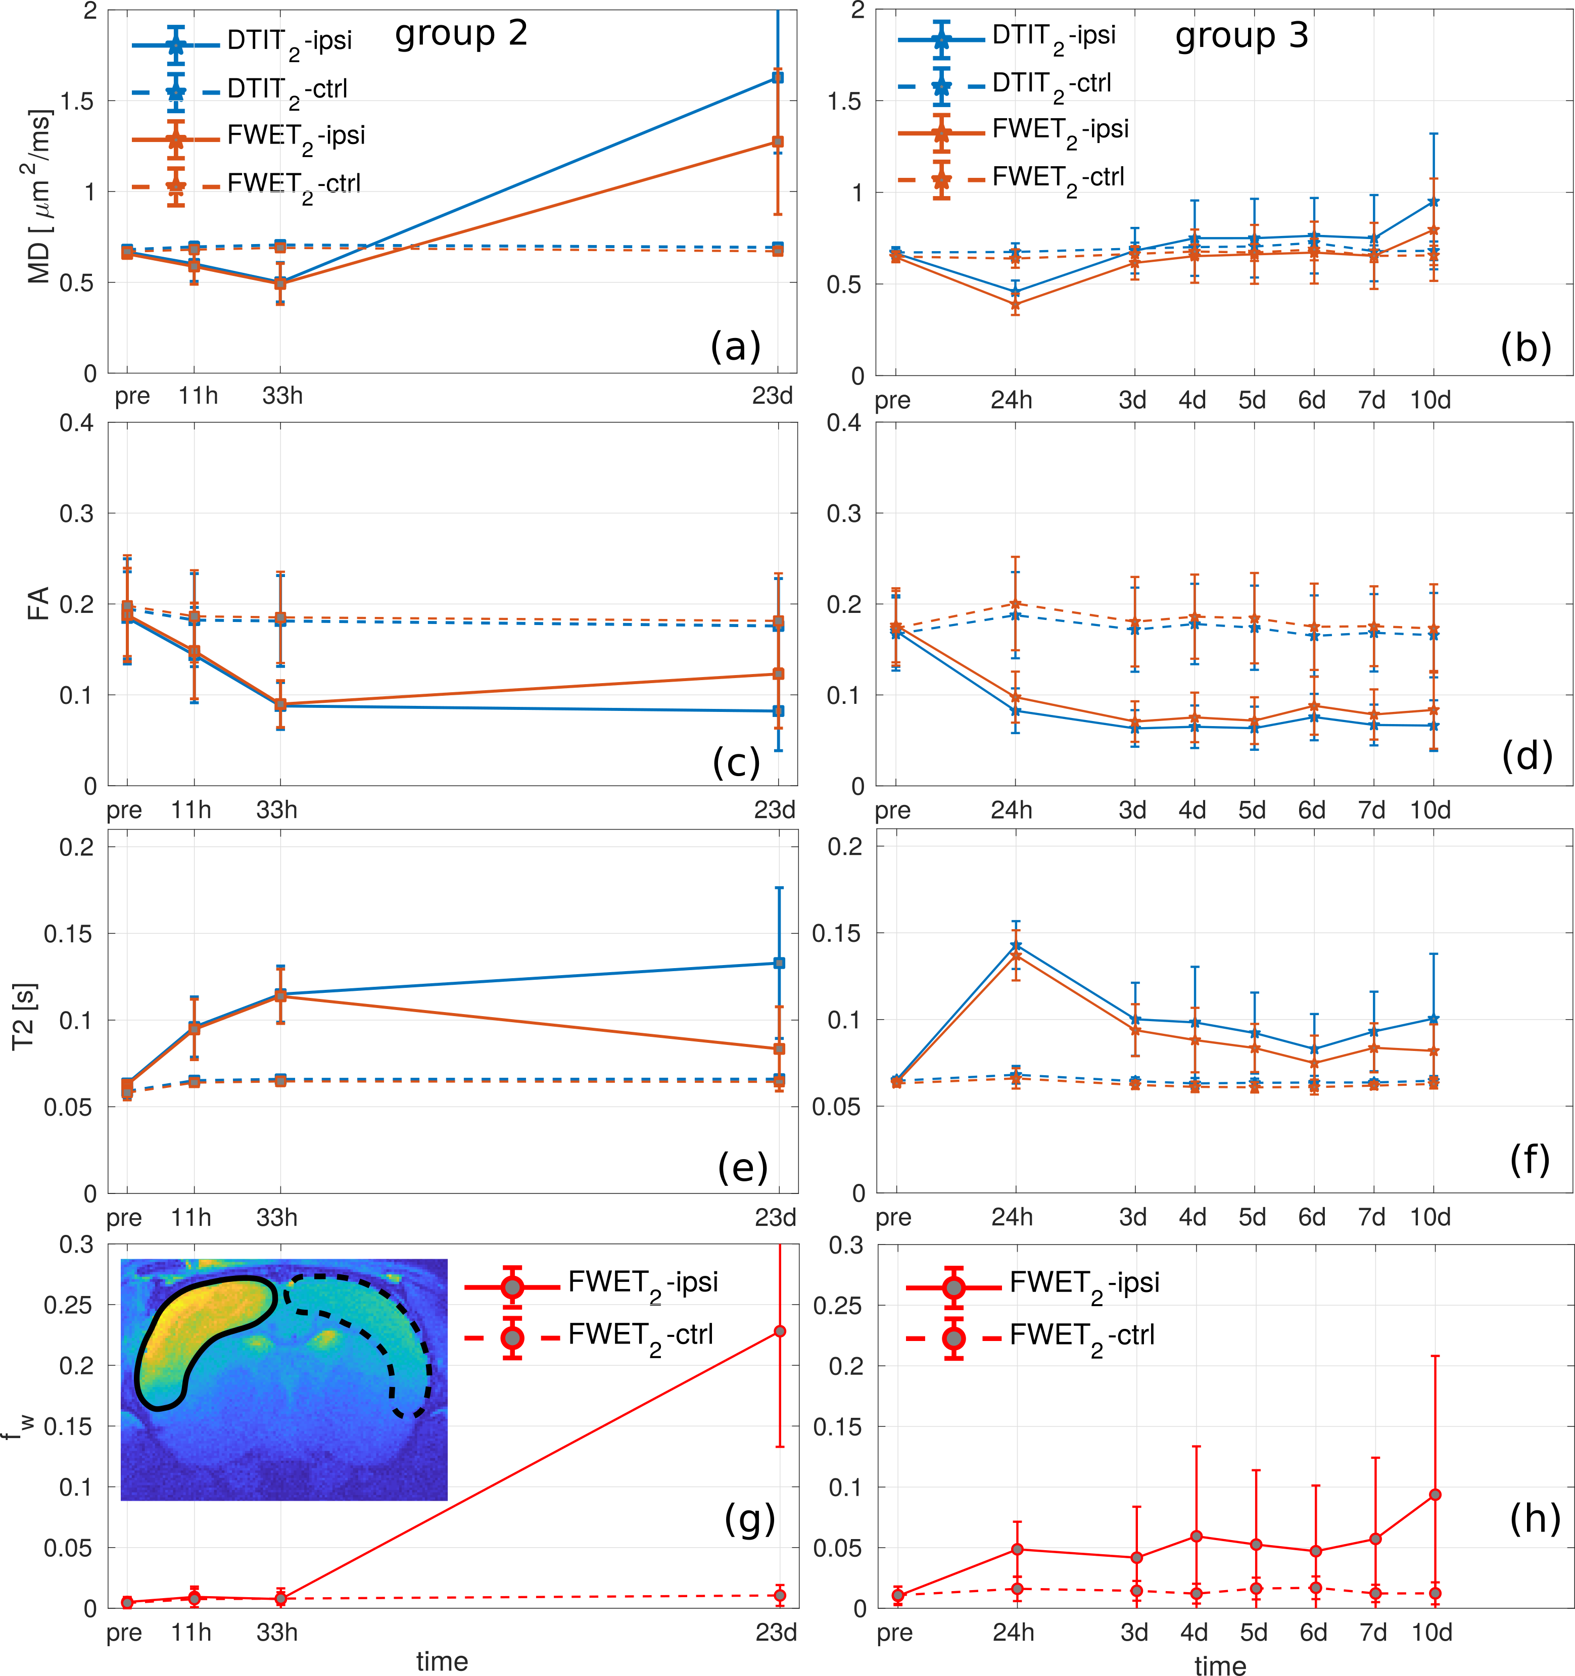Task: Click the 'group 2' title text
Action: [461, 34]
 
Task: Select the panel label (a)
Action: [735, 346]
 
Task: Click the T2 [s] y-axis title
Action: [24, 1017]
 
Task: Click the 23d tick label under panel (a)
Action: [772, 396]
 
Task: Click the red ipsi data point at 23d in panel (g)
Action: [780, 1331]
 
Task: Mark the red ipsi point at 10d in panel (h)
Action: [1435, 1495]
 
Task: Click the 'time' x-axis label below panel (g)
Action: [442, 1661]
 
